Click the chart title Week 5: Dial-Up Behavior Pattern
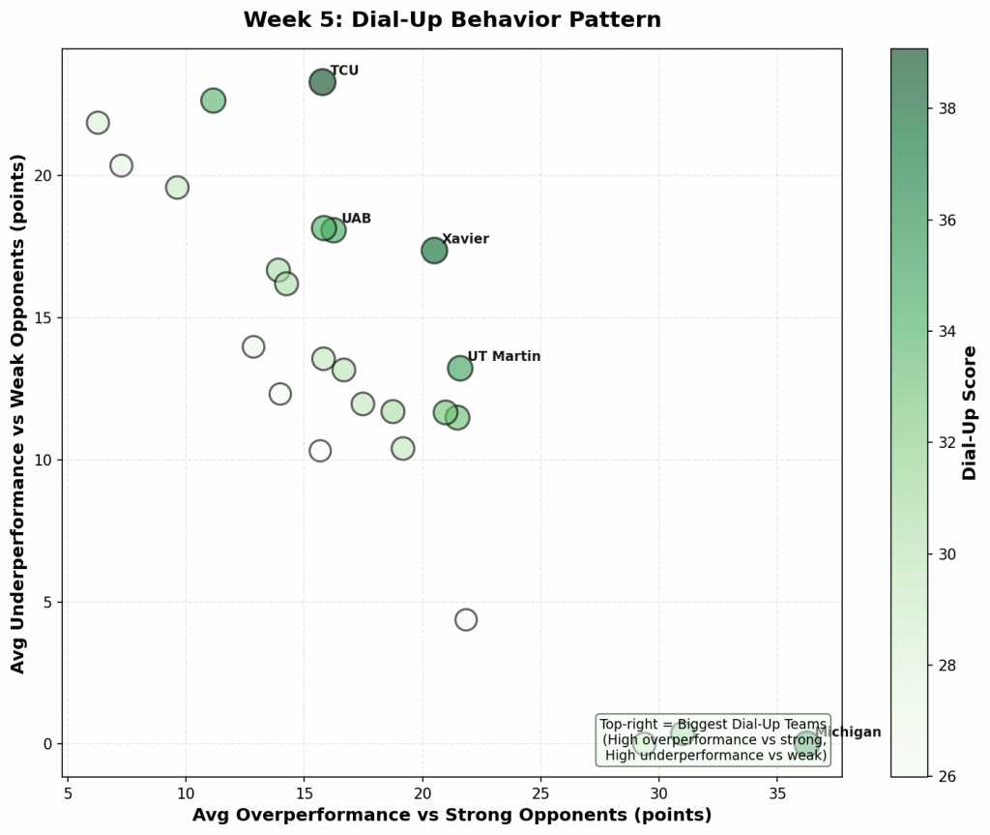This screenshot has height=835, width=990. (452, 20)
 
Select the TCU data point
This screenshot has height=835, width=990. (322, 82)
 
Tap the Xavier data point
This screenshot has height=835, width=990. (434, 251)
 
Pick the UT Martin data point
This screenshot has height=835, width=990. (460, 368)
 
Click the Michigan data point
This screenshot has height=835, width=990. (806, 743)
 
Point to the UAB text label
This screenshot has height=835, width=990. (356, 219)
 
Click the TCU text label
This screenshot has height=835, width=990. (344, 71)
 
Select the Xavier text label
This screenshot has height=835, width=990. (465, 239)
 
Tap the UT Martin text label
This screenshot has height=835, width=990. (504, 357)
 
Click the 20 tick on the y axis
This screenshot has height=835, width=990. (44, 175)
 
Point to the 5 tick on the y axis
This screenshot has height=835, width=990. (48, 602)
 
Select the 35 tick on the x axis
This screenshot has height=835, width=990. (777, 792)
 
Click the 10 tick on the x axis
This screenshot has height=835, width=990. (186, 792)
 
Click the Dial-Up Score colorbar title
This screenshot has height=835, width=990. (970, 413)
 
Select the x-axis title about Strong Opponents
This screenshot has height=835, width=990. (451, 816)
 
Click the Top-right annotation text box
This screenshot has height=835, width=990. (713, 739)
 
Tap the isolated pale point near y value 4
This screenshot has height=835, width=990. (466, 619)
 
